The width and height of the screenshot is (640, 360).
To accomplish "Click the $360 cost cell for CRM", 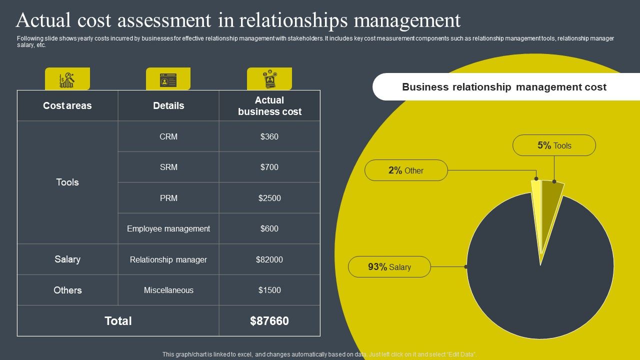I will click(x=269, y=136).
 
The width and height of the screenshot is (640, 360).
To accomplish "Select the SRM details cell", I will click(x=168, y=167).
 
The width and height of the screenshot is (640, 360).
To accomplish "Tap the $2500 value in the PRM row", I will click(x=269, y=198).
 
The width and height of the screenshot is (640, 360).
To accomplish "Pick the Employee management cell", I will click(x=168, y=228).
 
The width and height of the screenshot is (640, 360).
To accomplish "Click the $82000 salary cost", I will click(x=269, y=259).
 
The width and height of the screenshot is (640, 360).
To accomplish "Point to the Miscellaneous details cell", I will click(x=168, y=290).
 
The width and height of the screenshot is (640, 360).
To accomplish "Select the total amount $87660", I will click(x=269, y=321).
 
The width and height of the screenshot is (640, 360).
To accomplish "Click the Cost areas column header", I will click(x=67, y=105).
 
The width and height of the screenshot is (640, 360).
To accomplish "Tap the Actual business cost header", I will click(x=269, y=106).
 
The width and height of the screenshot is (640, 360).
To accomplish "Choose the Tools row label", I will click(x=67, y=182).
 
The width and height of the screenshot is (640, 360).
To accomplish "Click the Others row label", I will click(x=67, y=290).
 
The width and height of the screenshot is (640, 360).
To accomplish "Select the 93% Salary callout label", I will click(x=389, y=267).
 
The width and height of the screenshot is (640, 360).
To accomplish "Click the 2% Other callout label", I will click(x=405, y=170).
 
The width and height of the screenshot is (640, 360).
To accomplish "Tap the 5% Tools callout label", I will click(x=554, y=145).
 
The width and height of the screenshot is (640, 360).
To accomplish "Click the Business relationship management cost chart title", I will click(x=504, y=87).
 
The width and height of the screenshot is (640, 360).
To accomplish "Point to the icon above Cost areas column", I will click(x=67, y=79).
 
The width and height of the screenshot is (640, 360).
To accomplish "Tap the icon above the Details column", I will click(x=168, y=79).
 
